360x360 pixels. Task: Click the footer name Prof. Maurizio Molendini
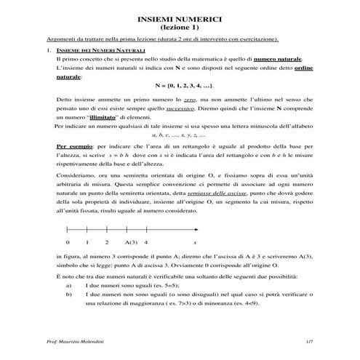coord(73,341)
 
